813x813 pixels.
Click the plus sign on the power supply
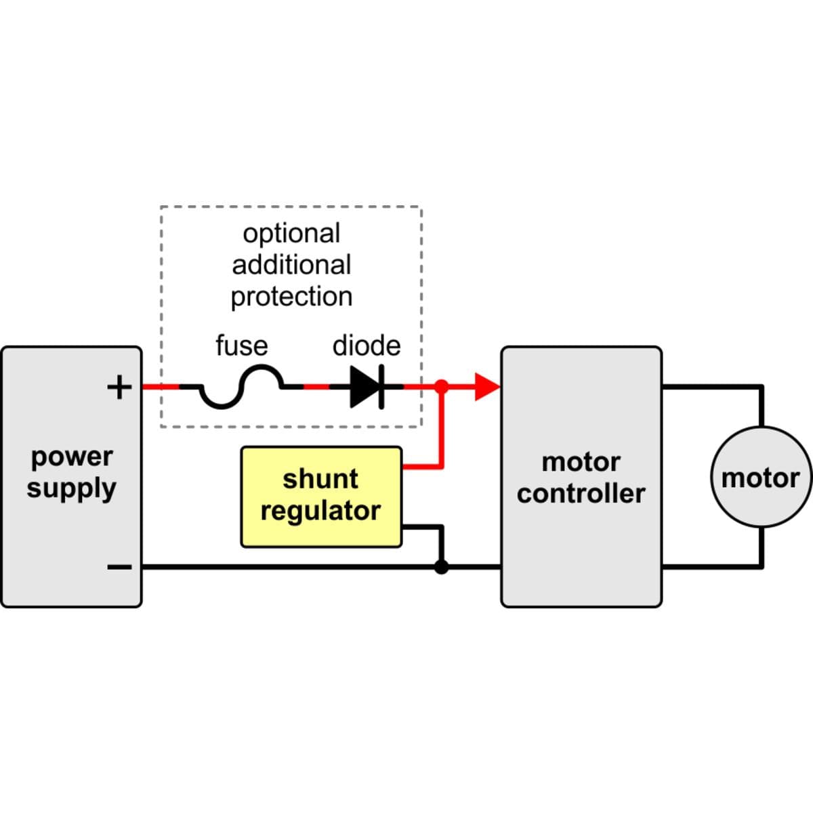click(119, 388)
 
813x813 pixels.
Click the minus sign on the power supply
click(119, 566)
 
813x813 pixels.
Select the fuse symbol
click(241, 388)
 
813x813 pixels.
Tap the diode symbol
click(367, 388)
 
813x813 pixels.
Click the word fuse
click(241, 346)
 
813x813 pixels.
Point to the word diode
click(366, 346)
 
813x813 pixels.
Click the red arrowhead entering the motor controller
click(486, 387)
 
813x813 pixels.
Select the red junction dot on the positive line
click(441, 387)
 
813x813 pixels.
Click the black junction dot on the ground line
click(441, 566)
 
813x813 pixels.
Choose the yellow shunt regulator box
click(321, 497)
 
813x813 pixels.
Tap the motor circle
click(760, 477)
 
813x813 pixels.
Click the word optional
click(291, 234)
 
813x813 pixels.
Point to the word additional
click(291, 264)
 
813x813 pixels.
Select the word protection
click(291, 297)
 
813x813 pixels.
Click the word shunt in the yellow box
click(320, 479)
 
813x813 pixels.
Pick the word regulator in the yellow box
click(320, 511)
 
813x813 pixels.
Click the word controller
click(581, 493)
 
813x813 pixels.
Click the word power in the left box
click(72, 457)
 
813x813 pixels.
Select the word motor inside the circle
click(760, 478)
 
